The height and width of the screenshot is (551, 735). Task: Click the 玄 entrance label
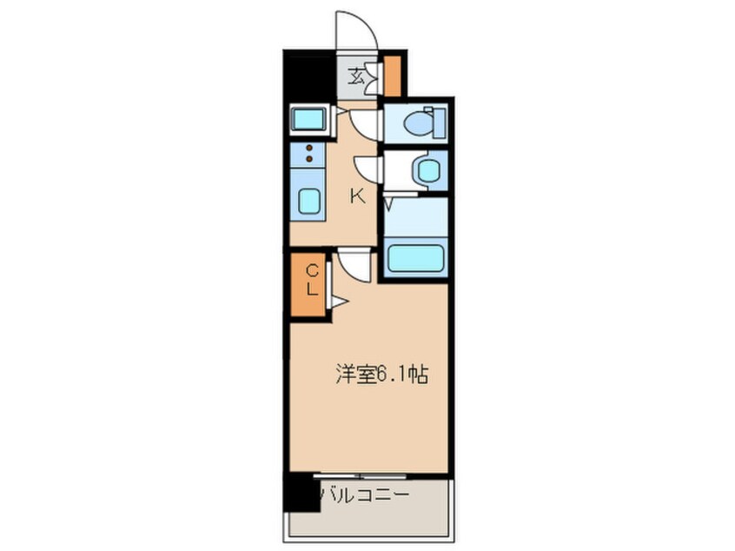[x=356, y=76]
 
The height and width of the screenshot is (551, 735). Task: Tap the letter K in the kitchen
[x=357, y=196]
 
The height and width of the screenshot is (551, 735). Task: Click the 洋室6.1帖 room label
[x=382, y=375]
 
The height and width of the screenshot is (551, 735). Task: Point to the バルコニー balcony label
[x=363, y=495]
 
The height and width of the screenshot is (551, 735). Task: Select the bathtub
[x=414, y=258]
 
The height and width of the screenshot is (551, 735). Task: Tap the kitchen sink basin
[x=309, y=201]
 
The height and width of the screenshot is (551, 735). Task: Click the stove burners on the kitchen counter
[x=308, y=153]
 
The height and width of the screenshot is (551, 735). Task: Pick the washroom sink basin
[x=427, y=169]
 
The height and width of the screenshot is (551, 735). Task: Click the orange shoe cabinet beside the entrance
[x=393, y=76]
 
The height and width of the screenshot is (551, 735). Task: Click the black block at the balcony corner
[x=300, y=494]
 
